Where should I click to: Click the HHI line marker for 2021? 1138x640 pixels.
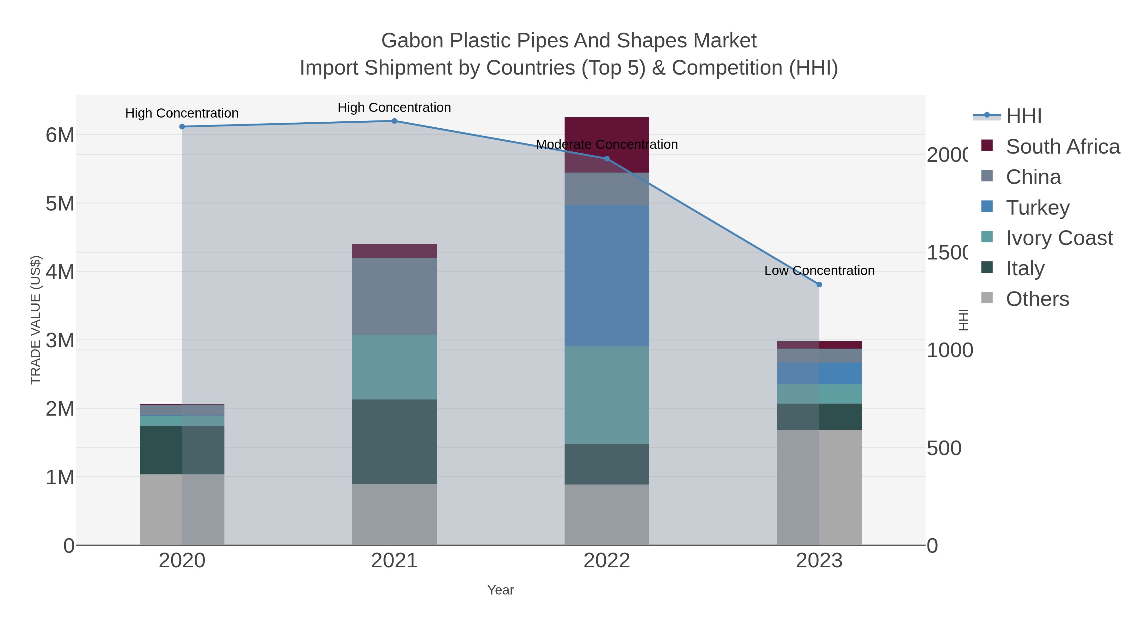[x=394, y=121]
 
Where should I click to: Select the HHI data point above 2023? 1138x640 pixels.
[x=819, y=285]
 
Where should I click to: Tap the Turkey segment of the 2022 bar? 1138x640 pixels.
[x=607, y=276]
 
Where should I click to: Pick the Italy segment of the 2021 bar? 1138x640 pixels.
[x=394, y=442]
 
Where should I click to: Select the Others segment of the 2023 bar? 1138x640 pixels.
[x=819, y=487]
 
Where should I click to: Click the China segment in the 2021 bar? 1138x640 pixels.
[x=394, y=296]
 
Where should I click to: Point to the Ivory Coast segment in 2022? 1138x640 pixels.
[x=607, y=395]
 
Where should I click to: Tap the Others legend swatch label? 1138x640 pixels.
[x=1037, y=299]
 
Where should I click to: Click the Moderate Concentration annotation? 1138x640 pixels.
[x=607, y=144]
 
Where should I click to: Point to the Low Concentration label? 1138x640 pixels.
[x=819, y=270]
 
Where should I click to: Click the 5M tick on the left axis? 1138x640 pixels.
[x=60, y=204]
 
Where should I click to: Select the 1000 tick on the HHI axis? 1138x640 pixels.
[x=949, y=350]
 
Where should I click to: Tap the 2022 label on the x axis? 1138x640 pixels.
[x=607, y=560]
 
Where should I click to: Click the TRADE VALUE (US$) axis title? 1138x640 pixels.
[x=35, y=320]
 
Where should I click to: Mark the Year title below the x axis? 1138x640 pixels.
[x=500, y=590]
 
